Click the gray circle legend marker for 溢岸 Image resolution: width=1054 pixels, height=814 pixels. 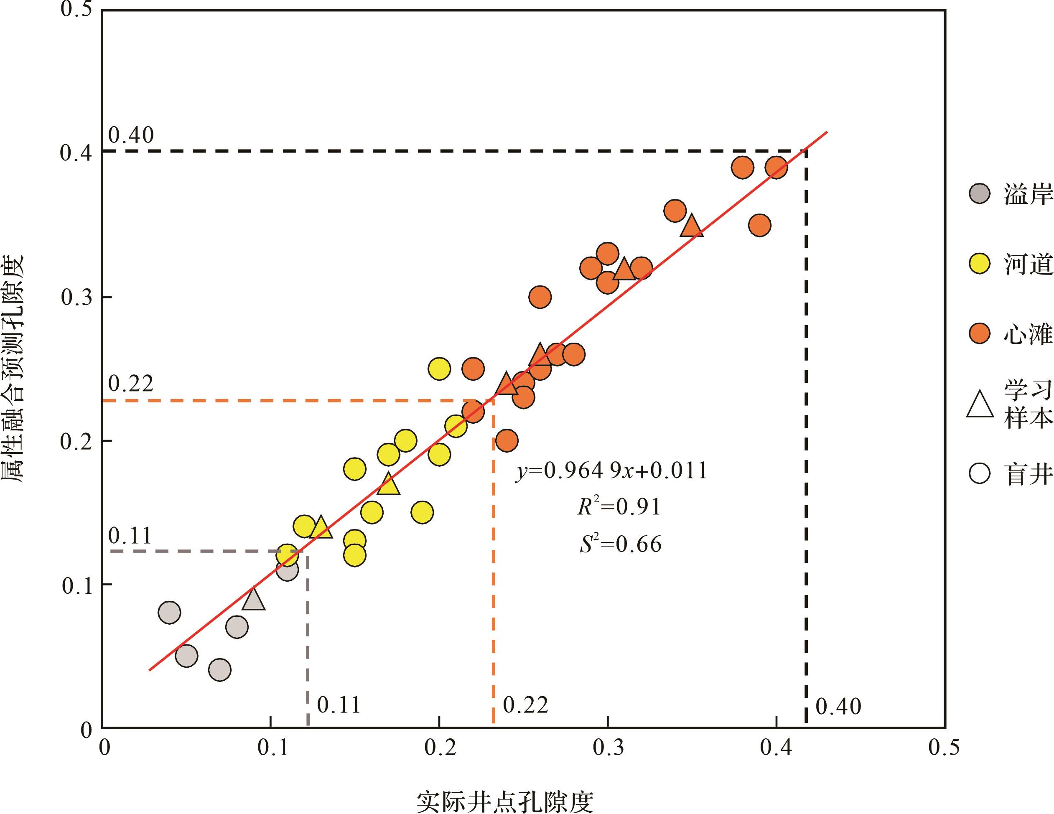(x=980, y=193)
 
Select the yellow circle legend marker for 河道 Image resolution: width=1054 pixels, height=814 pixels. (x=980, y=263)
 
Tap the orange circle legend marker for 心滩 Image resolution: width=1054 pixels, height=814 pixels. (x=980, y=333)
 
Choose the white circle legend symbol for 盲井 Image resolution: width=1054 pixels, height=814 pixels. (x=980, y=473)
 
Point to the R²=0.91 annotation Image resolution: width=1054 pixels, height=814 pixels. (x=619, y=506)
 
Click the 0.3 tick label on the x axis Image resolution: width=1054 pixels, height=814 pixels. (x=608, y=748)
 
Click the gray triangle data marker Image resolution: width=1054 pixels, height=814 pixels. (x=253, y=599)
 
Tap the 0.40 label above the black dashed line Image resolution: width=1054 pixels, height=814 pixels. (x=131, y=135)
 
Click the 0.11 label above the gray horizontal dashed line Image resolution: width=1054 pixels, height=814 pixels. (x=130, y=536)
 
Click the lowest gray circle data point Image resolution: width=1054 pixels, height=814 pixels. (x=219, y=670)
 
